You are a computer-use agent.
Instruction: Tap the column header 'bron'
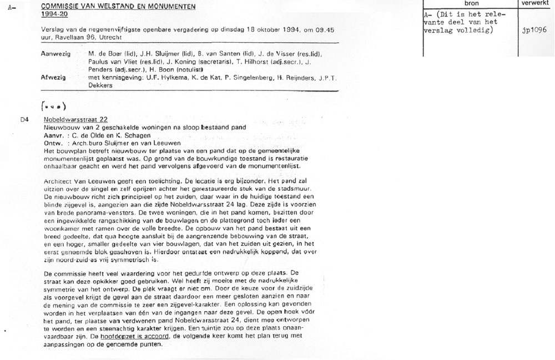click(471, 3)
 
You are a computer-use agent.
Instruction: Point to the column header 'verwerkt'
click(536, 3)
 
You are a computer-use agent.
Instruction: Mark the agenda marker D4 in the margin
click(24, 119)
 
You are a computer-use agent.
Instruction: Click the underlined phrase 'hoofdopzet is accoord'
click(137, 336)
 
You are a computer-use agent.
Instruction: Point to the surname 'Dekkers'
click(100, 86)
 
